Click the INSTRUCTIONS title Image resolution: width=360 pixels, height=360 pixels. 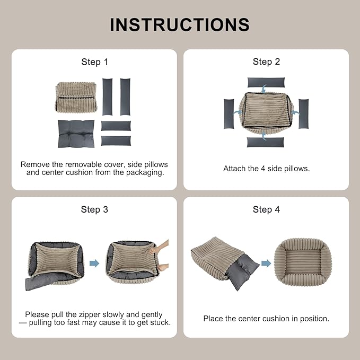(180, 24)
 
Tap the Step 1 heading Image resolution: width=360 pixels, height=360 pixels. (94, 62)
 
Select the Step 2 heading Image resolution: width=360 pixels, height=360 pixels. (266, 62)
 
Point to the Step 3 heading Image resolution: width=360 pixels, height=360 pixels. (94, 209)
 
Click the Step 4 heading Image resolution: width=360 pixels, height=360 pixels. (266, 209)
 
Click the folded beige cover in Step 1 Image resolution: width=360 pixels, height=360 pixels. (76, 98)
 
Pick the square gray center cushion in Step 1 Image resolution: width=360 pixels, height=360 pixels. (76, 134)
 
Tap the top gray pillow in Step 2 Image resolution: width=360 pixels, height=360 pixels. (266, 82)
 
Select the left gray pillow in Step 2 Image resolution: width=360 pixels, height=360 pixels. (229, 114)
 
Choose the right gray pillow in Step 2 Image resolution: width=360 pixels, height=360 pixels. (303, 114)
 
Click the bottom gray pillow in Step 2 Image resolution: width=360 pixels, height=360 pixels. (266, 142)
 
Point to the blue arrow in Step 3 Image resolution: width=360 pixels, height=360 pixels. (94, 263)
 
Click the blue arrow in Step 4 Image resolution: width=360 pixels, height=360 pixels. (266, 263)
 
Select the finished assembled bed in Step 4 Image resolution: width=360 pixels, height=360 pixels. (303, 262)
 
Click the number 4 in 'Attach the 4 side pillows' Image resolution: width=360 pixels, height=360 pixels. (263, 169)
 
